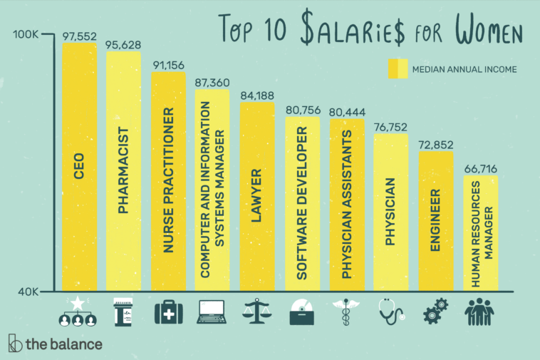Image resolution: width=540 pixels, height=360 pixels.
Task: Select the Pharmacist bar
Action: pyautogui.click(x=123, y=171)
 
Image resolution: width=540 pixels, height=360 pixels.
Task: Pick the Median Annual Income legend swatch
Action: pyautogui.click(x=398, y=69)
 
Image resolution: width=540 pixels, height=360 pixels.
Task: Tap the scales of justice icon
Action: pyautogui.click(x=257, y=312)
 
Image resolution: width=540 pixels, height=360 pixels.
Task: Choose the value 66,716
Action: pyautogui.click(x=480, y=168)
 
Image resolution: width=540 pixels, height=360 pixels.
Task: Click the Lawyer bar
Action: pyautogui.click(x=257, y=196)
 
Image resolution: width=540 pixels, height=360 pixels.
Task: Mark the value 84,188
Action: pyautogui.click(x=257, y=94)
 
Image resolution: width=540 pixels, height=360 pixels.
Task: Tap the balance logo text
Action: pyautogui.click(x=63, y=344)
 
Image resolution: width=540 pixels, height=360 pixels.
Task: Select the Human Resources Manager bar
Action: pyautogui.click(x=480, y=233)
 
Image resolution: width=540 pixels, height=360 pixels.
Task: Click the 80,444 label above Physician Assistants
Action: pyautogui.click(x=346, y=112)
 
